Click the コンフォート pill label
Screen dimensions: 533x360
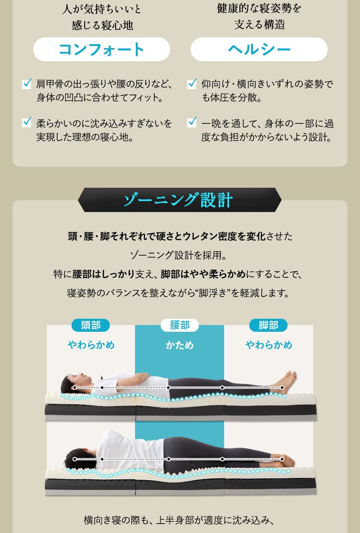click(101, 49)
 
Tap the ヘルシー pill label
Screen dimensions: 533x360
click(259, 49)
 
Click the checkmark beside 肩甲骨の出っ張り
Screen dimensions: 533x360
click(27, 83)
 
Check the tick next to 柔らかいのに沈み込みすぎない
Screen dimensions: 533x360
click(27, 122)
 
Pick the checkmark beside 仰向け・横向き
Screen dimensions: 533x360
click(192, 83)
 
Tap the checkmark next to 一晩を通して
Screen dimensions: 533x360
click(192, 122)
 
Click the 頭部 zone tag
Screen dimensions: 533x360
click(90, 325)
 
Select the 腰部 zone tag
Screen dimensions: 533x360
click(180, 325)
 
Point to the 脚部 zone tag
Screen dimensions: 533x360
click(268, 325)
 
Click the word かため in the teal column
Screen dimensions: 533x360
click(180, 345)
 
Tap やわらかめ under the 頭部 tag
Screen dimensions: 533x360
click(91, 345)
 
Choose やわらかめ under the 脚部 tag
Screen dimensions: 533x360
click(269, 345)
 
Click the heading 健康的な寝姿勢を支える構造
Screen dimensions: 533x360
click(259, 16)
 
